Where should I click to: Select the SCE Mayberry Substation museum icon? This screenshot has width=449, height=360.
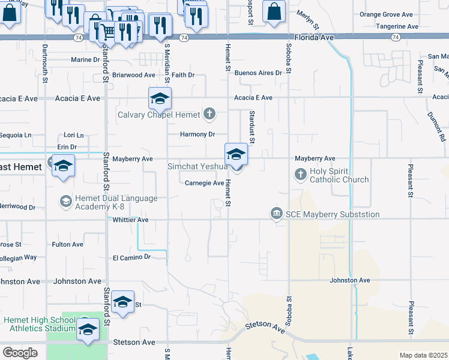[x=277, y=214]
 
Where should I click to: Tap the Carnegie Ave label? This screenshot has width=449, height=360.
[x=204, y=184]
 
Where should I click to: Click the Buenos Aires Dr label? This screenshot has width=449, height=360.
[x=258, y=73]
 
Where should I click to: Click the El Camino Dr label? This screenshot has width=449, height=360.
[x=131, y=257]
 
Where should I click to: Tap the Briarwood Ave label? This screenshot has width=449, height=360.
[x=133, y=76]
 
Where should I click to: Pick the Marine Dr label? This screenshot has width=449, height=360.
[x=85, y=60]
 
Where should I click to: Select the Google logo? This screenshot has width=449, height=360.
[x=20, y=353]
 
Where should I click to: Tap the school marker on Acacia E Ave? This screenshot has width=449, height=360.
[x=160, y=98]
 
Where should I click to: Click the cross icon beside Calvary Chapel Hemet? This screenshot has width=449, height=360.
[x=209, y=113]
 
